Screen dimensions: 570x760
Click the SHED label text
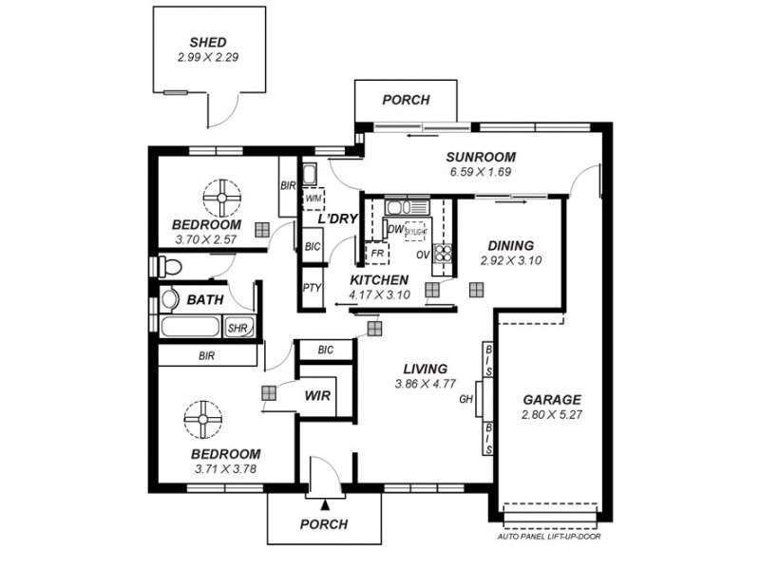click(x=207, y=43)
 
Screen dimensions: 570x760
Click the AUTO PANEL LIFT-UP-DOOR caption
click(x=550, y=537)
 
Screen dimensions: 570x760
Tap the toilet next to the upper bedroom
click(x=170, y=264)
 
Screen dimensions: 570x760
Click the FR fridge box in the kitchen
click(x=377, y=255)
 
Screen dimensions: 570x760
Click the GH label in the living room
click(x=465, y=399)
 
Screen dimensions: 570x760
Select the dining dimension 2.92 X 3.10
click(x=510, y=259)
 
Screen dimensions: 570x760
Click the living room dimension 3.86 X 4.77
click(x=424, y=384)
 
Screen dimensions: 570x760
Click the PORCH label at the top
click(x=406, y=100)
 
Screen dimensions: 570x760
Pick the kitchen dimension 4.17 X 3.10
click(x=378, y=294)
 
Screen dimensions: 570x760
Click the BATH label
click(x=205, y=299)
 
